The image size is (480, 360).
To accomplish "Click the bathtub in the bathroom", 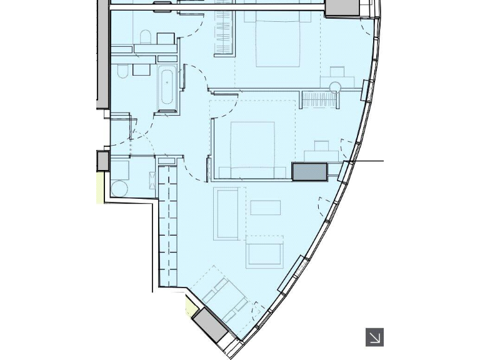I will pos(167,89).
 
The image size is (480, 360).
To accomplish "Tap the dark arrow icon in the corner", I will pos(374,337).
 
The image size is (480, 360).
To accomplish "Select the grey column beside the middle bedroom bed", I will pos(309,172).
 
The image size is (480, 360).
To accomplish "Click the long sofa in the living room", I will pos(226,213).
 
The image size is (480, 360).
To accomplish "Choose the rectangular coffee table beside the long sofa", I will pos(266,207).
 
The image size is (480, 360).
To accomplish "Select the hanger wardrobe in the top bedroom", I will pos(223,32).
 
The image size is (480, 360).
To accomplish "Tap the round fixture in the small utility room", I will pos(120,188).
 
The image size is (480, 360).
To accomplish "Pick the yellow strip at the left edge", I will pos(100,187).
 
